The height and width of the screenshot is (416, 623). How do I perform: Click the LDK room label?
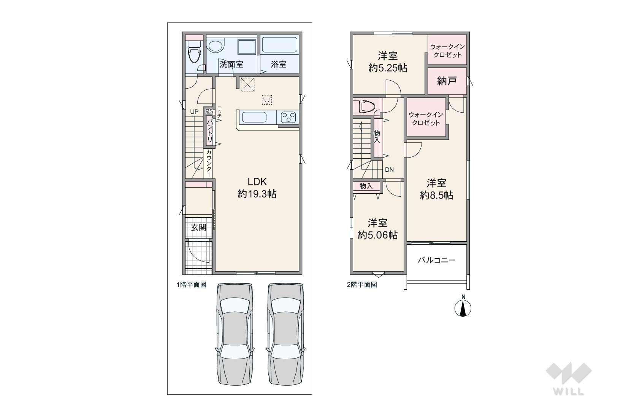click(x=257, y=182)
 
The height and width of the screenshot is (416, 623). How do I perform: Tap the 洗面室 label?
click(x=231, y=64)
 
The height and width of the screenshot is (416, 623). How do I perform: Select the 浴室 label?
click(x=279, y=64)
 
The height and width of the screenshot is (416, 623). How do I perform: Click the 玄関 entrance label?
click(x=198, y=228)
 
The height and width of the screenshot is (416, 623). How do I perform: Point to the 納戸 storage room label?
click(x=447, y=81)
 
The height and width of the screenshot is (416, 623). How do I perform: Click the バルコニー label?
click(x=437, y=260)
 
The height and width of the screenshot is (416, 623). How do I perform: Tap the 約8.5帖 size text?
click(x=436, y=196)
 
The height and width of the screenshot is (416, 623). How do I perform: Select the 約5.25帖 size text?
click(x=388, y=68)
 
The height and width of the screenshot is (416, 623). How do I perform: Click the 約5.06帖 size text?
click(x=377, y=235)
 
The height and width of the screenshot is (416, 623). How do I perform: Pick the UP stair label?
click(x=194, y=112)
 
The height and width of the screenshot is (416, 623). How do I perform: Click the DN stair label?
click(x=389, y=170)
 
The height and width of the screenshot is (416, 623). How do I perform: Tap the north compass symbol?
click(x=463, y=306)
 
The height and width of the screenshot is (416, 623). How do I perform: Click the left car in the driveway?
click(x=235, y=334)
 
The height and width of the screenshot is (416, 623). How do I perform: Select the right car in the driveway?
click(x=285, y=334)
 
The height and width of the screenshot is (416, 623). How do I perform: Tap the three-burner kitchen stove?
click(x=288, y=117)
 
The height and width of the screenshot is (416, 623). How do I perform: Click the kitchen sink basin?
click(x=254, y=117)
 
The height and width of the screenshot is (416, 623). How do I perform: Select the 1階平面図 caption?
click(x=192, y=285)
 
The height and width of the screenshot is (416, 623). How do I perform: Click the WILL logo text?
click(x=569, y=391)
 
